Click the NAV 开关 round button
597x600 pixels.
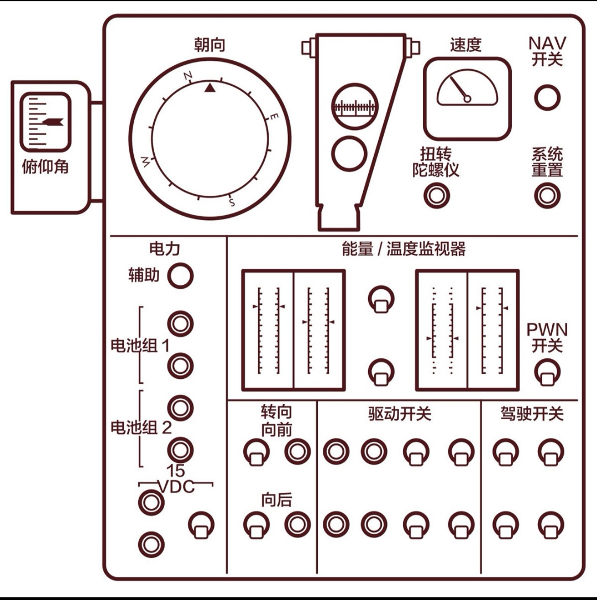(x=547, y=97)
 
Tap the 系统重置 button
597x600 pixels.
(x=547, y=195)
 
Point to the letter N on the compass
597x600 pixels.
(x=188, y=76)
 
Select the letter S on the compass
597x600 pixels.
(x=232, y=202)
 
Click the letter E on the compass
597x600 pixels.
(x=274, y=117)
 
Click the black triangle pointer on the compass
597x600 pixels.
(x=210, y=87)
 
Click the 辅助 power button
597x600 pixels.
(x=180, y=275)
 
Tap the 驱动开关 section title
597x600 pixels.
(x=399, y=414)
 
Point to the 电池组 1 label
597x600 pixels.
(x=140, y=347)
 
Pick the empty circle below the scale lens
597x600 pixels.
(x=349, y=153)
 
